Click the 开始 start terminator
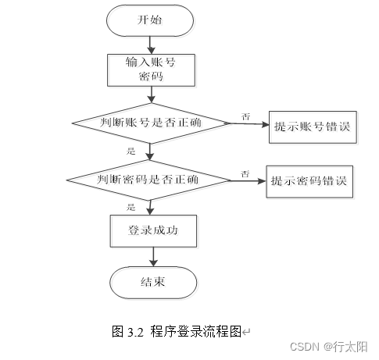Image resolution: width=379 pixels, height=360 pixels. [150, 20]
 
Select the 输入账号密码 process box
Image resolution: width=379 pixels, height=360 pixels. [151, 70]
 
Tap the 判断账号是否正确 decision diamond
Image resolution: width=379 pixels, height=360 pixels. [152, 123]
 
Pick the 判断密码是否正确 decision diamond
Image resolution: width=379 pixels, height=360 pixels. [148, 180]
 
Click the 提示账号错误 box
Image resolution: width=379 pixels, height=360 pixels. [313, 127]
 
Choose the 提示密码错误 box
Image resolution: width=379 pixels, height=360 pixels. [309, 181]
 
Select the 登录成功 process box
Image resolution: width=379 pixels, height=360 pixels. [153, 231]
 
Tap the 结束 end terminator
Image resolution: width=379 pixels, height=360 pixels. [153, 283]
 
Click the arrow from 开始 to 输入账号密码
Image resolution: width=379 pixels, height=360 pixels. [151, 45]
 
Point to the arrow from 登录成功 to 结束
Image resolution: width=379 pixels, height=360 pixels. [153, 257]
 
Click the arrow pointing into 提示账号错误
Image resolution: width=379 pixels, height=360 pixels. [249, 124]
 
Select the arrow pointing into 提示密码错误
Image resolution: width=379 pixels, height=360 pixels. [248, 181]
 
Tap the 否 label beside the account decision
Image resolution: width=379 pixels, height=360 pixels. [246, 116]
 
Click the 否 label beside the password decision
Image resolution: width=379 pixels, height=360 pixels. [245, 173]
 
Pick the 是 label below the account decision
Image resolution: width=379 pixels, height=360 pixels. [131, 151]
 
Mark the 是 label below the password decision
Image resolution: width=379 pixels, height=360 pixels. [131, 207]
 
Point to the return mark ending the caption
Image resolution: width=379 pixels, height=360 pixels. [246, 332]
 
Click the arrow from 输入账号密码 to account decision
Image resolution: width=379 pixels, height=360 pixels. [152, 94]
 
